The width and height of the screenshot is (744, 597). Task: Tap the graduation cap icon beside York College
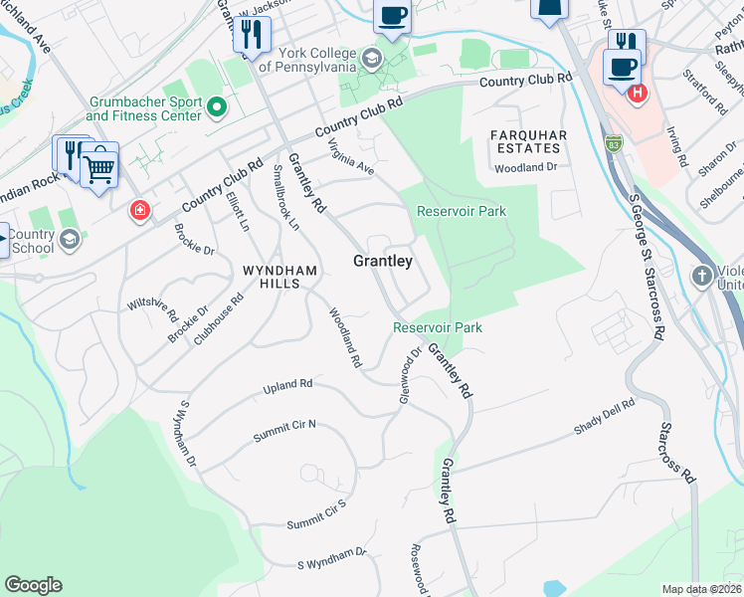371,58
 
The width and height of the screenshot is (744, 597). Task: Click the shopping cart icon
99,167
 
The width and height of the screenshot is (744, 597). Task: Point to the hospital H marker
638,94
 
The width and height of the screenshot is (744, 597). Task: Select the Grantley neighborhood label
383,261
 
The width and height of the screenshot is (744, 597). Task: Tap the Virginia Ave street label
351,158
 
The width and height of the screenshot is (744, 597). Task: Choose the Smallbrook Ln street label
285,195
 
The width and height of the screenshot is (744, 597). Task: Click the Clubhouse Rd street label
219,318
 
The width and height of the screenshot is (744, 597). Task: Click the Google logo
33,585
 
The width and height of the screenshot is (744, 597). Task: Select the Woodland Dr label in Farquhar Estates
525,168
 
